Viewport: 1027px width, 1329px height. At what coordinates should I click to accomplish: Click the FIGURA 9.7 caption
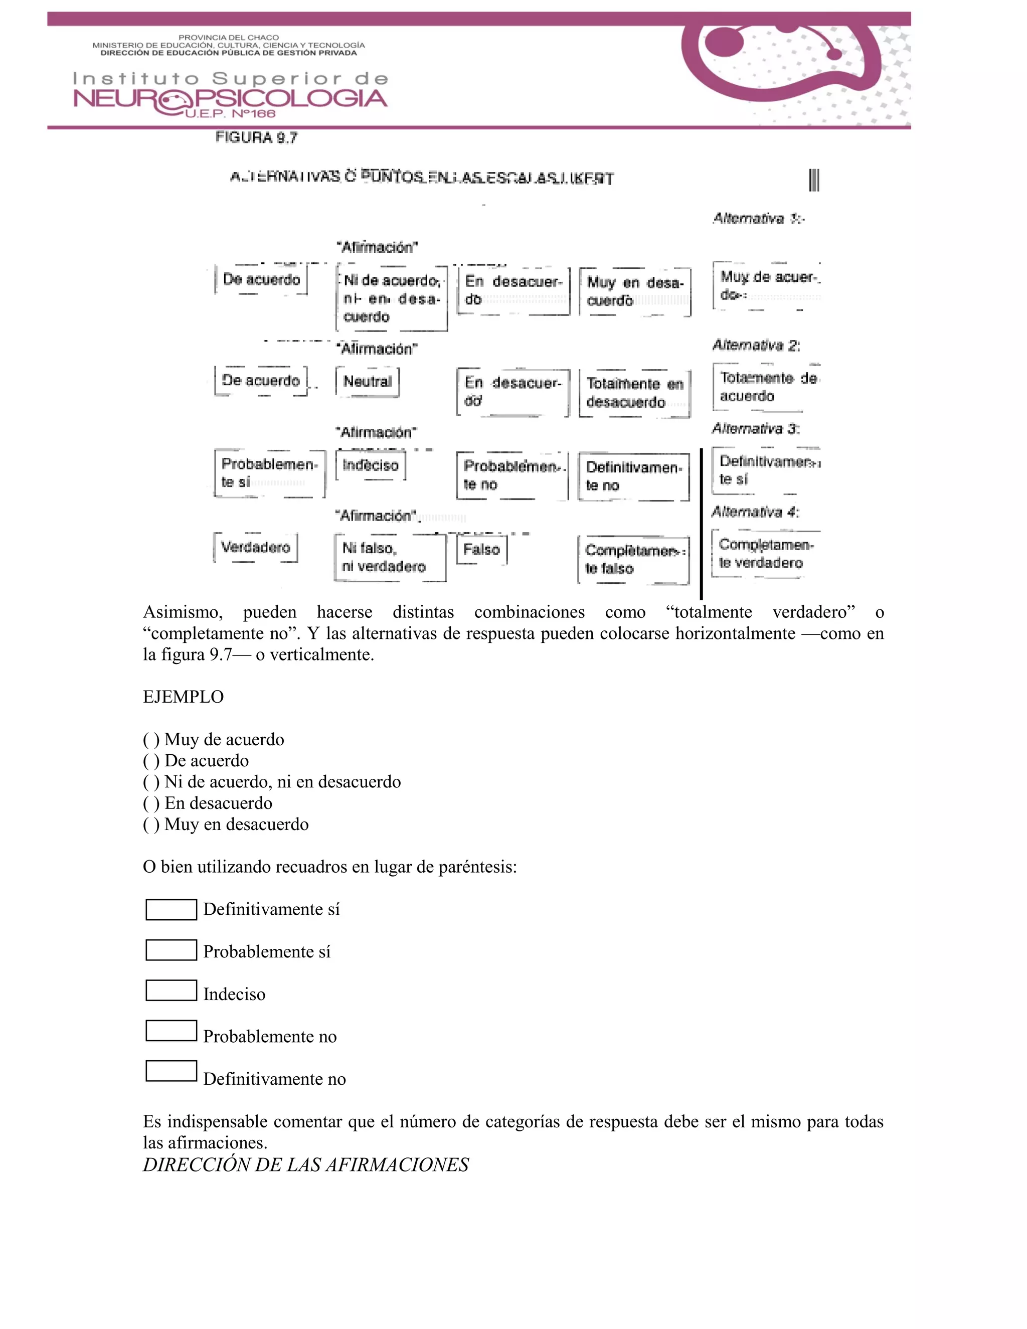click(x=256, y=137)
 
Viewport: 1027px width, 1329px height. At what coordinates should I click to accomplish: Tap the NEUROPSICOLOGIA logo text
click(x=230, y=99)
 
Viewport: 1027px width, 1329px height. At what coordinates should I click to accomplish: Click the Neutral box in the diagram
click(x=367, y=382)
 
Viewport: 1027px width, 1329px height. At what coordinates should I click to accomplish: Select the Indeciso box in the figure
click(x=370, y=465)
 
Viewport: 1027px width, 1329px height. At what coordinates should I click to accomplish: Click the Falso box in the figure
click(x=481, y=550)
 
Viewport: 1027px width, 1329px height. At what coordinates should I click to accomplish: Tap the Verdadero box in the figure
click(x=256, y=547)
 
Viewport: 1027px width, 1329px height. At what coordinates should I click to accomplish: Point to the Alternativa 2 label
click(x=756, y=345)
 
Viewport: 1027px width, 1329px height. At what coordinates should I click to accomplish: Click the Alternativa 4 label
click(x=755, y=512)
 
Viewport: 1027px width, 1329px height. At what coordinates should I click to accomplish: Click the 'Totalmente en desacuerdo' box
click(x=634, y=393)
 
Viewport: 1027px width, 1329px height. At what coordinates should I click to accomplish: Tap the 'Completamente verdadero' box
click(x=765, y=553)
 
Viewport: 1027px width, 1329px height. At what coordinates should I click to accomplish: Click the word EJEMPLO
click(x=183, y=697)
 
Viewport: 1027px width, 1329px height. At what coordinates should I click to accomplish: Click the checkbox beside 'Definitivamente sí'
click(x=171, y=909)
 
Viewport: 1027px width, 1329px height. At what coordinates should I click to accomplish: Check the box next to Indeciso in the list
click(x=171, y=990)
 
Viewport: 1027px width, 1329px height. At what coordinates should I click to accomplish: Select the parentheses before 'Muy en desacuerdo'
click(x=151, y=824)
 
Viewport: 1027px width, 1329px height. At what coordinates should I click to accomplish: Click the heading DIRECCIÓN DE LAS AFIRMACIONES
click(x=305, y=1165)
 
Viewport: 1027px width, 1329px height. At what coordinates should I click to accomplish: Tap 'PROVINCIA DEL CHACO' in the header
click(x=229, y=38)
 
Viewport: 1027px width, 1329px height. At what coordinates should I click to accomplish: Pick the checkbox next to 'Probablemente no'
click(x=171, y=1031)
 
